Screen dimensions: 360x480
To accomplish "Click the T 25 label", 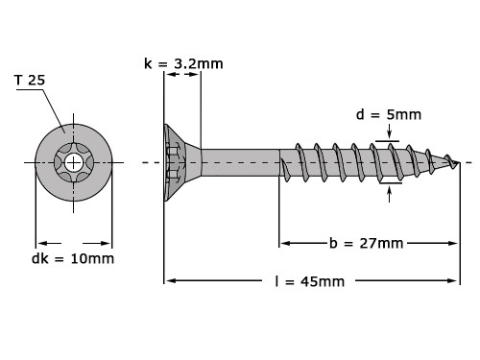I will [29, 80].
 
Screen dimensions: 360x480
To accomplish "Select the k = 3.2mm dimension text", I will [183, 63].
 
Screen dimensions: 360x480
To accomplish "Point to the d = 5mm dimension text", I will [388, 115].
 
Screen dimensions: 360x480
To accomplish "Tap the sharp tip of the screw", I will [458, 162].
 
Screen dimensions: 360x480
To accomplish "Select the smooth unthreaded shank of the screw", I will [240, 161].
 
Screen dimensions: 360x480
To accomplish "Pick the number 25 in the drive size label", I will [36, 80].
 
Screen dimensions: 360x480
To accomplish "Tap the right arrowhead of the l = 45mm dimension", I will [454, 280].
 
